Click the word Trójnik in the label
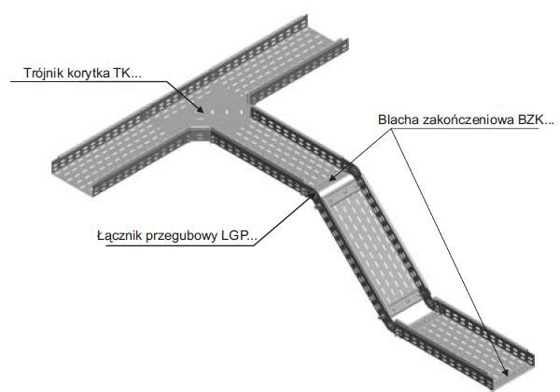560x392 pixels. pyautogui.click(x=43, y=73)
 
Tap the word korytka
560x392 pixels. pyautogui.click(x=89, y=73)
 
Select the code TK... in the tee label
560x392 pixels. pyautogui.click(x=128, y=73)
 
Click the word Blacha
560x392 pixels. pyautogui.click(x=399, y=119)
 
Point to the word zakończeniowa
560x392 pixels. pyautogui.click(x=469, y=119)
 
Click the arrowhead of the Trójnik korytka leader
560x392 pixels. pyautogui.click(x=201, y=110)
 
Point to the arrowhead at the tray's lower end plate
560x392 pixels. pyautogui.click(x=505, y=371)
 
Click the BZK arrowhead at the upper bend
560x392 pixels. pyautogui.click(x=332, y=177)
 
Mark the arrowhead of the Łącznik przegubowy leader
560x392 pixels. pyautogui.click(x=314, y=194)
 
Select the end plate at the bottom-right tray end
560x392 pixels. pyautogui.click(x=511, y=377)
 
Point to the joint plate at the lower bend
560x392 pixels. pyautogui.click(x=403, y=302)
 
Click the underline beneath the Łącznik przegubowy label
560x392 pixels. pyautogui.click(x=177, y=245)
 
